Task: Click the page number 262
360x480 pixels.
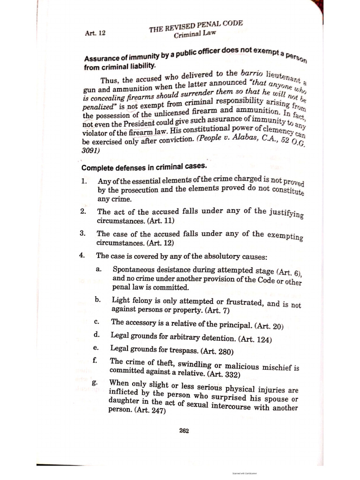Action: pyautogui.click(x=184, y=431)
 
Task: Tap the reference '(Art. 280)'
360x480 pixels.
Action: pyautogui.click(x=220, y=351)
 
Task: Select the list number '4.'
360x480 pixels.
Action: pyautogui.click(x=82, y=256)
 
